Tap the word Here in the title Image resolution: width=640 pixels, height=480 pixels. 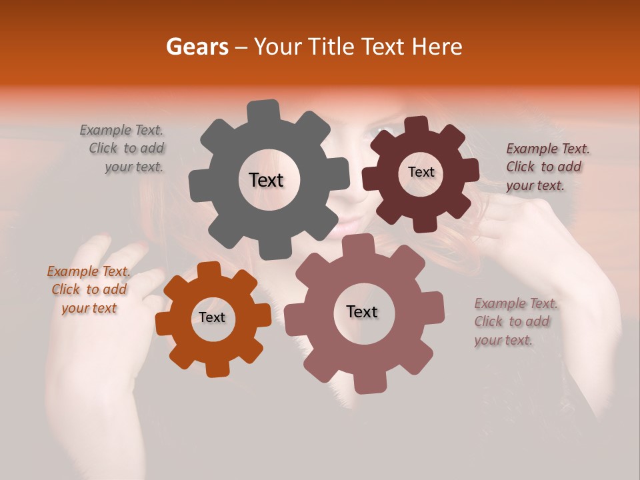pos(439,47)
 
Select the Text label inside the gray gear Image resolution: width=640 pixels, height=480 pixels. pos(266,180)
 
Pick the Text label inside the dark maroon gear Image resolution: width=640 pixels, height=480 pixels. pos(421,172)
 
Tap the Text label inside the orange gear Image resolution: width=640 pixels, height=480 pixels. pos(211,318)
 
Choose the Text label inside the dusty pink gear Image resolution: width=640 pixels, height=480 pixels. pos(361,312)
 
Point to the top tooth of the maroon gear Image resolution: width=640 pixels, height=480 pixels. pos(417,124)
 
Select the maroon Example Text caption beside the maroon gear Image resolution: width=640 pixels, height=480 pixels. pos(547,167)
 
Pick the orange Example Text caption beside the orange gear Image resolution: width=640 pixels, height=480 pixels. pos(88,290)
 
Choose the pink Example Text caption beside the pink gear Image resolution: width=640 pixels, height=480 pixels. pos(515,322)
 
